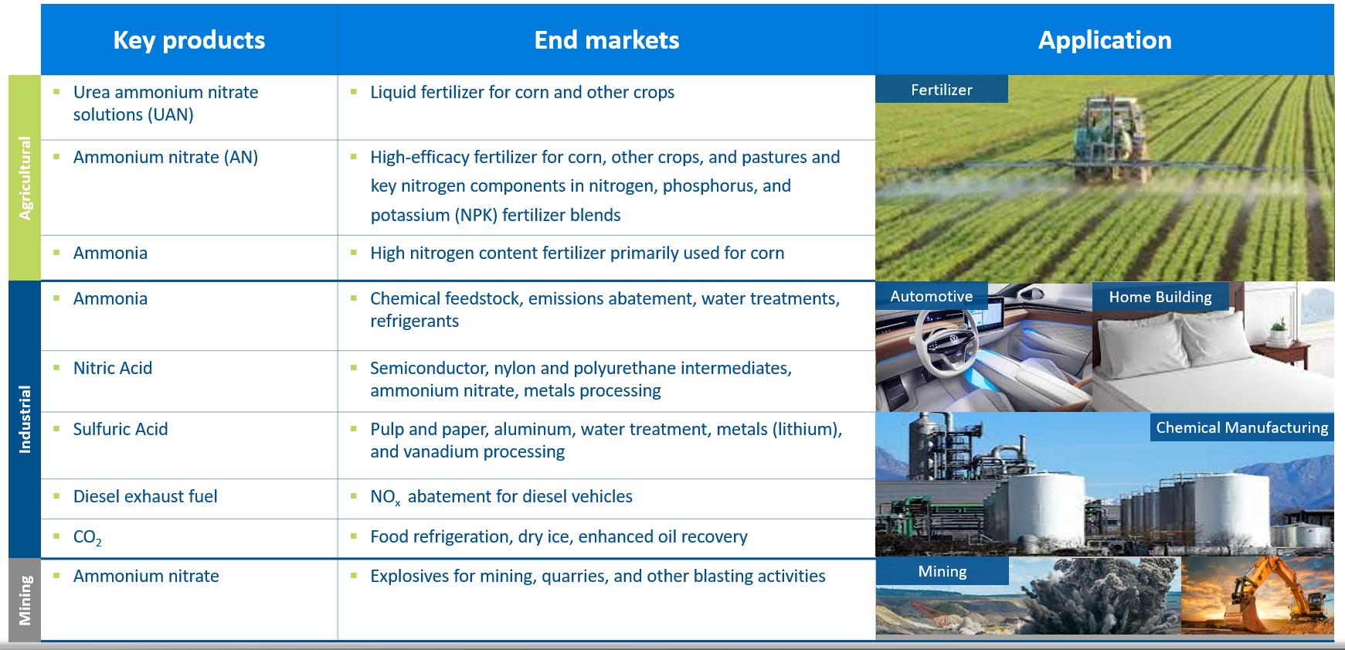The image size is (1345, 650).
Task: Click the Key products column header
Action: (189, 40)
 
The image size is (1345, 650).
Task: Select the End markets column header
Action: (606, 40)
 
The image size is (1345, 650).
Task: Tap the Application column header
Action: (1105, 40)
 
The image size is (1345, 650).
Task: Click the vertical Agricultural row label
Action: (25, 178)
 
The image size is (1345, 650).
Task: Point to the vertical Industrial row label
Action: (25, 419)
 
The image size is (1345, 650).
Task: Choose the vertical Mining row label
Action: (25, 600)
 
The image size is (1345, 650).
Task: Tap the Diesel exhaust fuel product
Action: (145, 496)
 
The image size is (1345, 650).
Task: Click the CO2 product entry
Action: (87, 538)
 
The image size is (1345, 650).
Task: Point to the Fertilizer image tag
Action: (942, 89)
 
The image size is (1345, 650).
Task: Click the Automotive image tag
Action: (932, 296)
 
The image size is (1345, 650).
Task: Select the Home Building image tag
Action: (1160, 297)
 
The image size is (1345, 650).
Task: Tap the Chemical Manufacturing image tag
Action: (1242, 427)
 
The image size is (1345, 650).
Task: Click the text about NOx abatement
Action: (501, 496)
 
